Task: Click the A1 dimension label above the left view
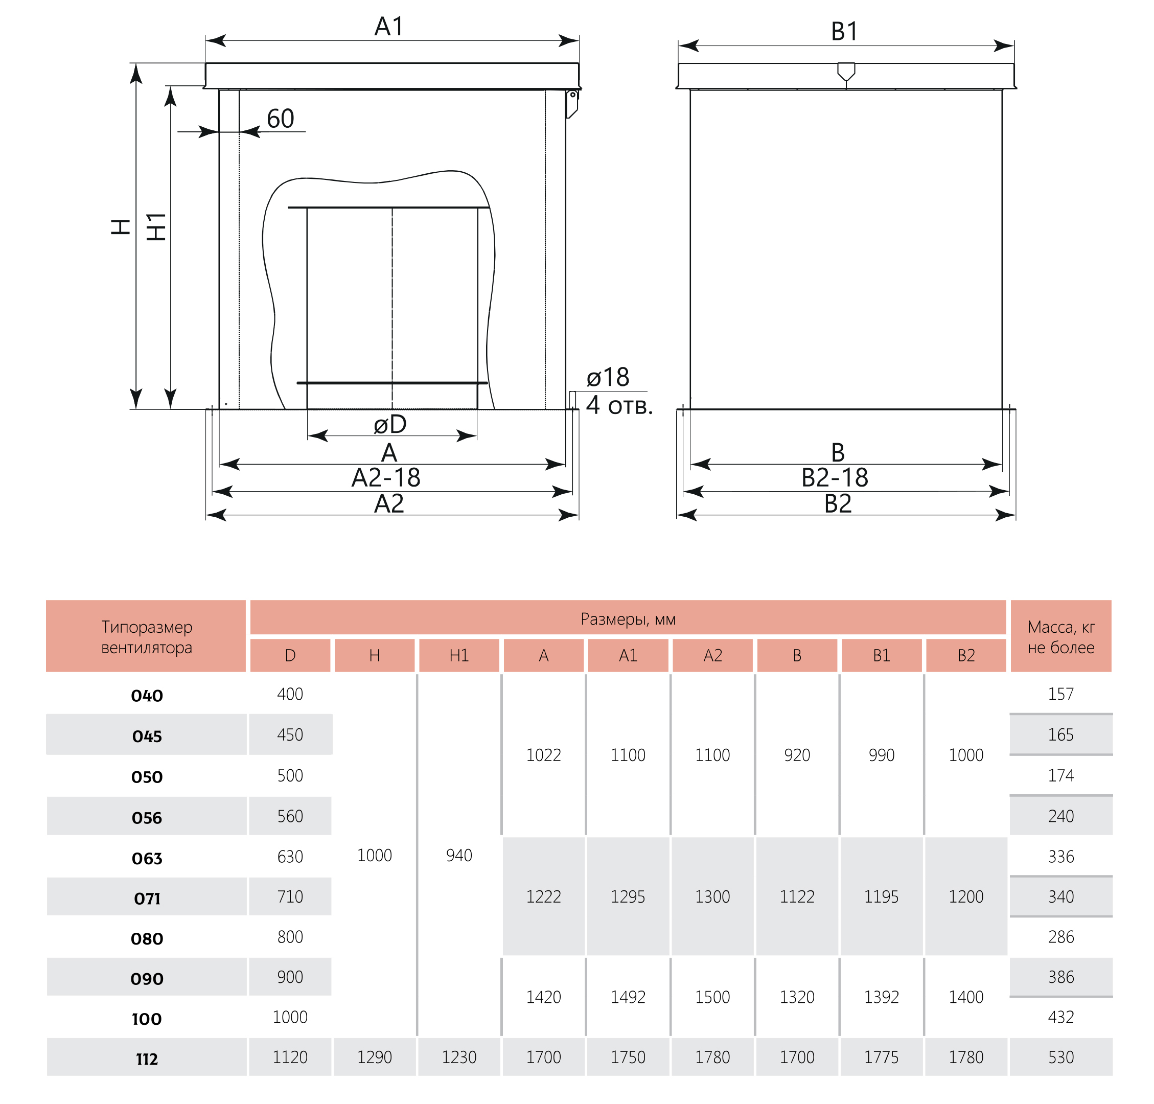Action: (389, 27)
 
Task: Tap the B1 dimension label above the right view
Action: (844, 31)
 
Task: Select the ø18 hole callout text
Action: (608, 377)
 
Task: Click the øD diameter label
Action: (390, 424)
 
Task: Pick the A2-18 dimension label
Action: (386, 477)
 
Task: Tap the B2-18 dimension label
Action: (835, 477)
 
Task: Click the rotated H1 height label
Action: (156, 226)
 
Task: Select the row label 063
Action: (147, 858)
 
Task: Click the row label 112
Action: (147, 1059)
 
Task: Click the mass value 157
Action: (1060, 694)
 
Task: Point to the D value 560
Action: (290, 816)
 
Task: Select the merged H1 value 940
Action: (459, 855)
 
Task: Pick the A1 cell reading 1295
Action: (628, 896)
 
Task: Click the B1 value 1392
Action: (881, 997)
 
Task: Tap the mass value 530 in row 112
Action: (1060, 1057)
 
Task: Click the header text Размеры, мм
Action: (628, 618)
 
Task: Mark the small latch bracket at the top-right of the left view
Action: (571, 104)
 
